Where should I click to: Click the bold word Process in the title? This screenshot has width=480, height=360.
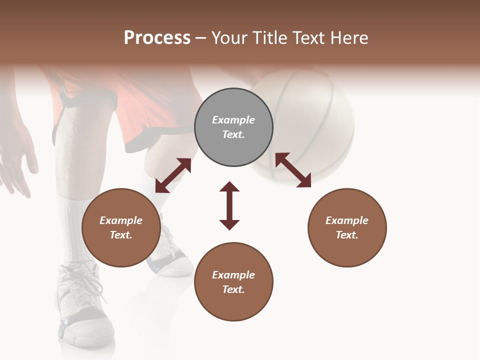tap(157, 38)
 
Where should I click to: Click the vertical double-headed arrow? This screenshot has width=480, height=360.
tap(229, 205)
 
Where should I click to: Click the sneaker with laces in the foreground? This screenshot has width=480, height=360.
tap(82, 305)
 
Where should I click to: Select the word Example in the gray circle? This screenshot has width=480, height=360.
tap(233, 120)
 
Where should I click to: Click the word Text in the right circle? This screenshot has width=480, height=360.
tap(347, 235)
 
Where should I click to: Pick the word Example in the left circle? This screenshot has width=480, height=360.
tap(121, 220)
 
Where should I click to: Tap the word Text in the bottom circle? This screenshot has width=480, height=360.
tap(233, 289)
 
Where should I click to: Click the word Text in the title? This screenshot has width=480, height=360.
tap(306, 38)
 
